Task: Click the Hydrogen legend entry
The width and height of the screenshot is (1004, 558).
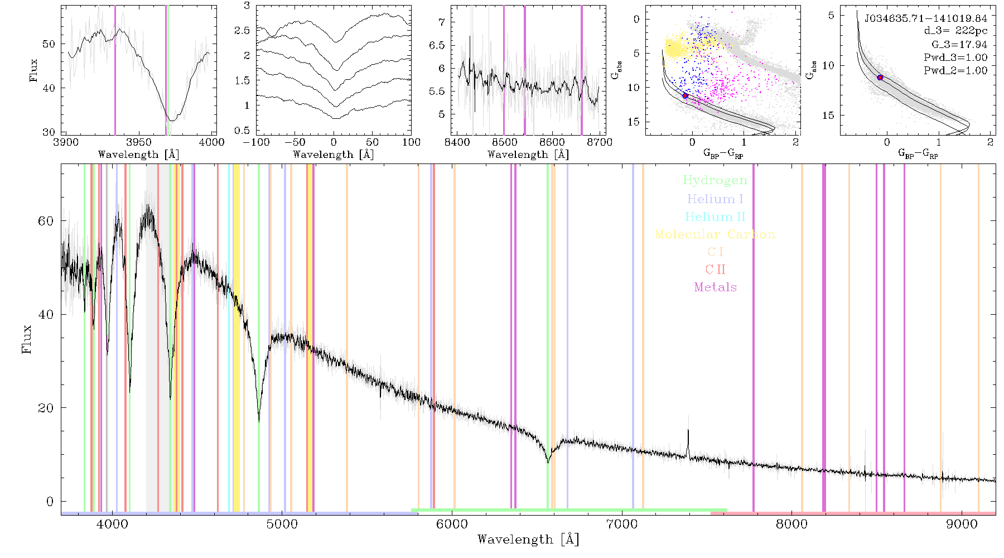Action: click(715, 180)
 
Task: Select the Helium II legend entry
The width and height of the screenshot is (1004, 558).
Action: click(715, 217)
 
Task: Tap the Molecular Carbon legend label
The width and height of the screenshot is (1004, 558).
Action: click(715, 234)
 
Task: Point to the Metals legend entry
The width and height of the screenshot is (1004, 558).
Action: click(716, 287)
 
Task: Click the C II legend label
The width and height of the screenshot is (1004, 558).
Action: click(716, 270)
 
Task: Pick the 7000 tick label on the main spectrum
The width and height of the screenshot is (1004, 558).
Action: click(622, 524)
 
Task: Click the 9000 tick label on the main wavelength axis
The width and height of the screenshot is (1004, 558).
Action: click(962, 524)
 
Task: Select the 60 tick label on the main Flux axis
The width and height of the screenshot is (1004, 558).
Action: click(46, 221)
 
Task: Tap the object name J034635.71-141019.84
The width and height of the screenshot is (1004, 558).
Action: click(926, 18)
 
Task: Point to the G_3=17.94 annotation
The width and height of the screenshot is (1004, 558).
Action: click(959, 45)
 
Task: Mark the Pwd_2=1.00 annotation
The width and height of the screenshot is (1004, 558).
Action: click(955, 71)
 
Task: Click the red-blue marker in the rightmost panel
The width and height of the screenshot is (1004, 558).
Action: click(880, 78)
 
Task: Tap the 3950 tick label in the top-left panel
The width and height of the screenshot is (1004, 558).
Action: click(139, 142)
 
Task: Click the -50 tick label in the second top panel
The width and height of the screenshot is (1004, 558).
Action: click(298, 142)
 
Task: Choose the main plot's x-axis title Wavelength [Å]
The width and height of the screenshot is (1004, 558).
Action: click(528, 540)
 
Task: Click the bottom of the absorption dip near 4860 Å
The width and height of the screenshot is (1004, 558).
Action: click(259, 421)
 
